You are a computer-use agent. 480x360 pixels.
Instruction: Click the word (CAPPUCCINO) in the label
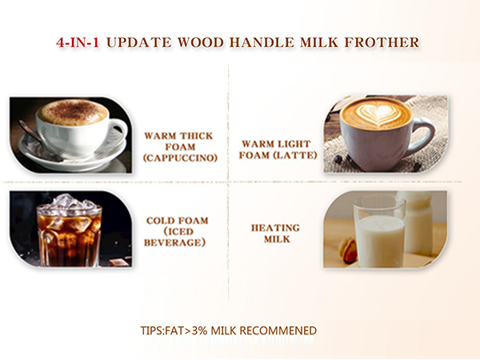pyautogui.click(x=181, y=158)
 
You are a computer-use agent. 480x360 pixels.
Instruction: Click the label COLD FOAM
pyautogui.click(x=178, y=220)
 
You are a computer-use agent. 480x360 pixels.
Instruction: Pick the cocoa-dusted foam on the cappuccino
pyautogui.click(x=72, y=112)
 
